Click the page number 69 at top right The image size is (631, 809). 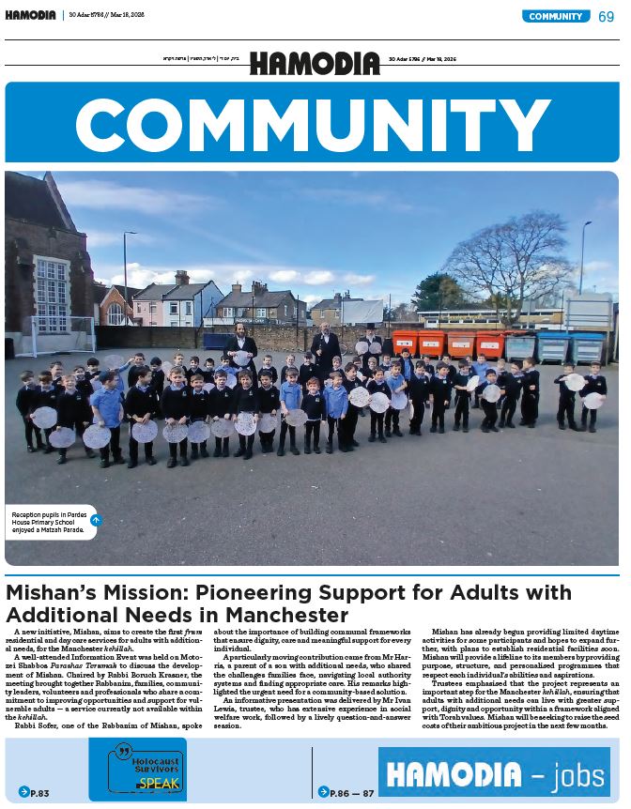point(607,16)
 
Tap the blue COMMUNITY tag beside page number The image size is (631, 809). point(557,16)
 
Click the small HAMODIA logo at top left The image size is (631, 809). point(30,15)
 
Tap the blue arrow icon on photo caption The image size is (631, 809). point(95,519)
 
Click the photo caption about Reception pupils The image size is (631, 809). point(47,523)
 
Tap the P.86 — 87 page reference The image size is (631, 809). point(347,792)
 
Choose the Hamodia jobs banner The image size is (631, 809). point(494,772)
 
